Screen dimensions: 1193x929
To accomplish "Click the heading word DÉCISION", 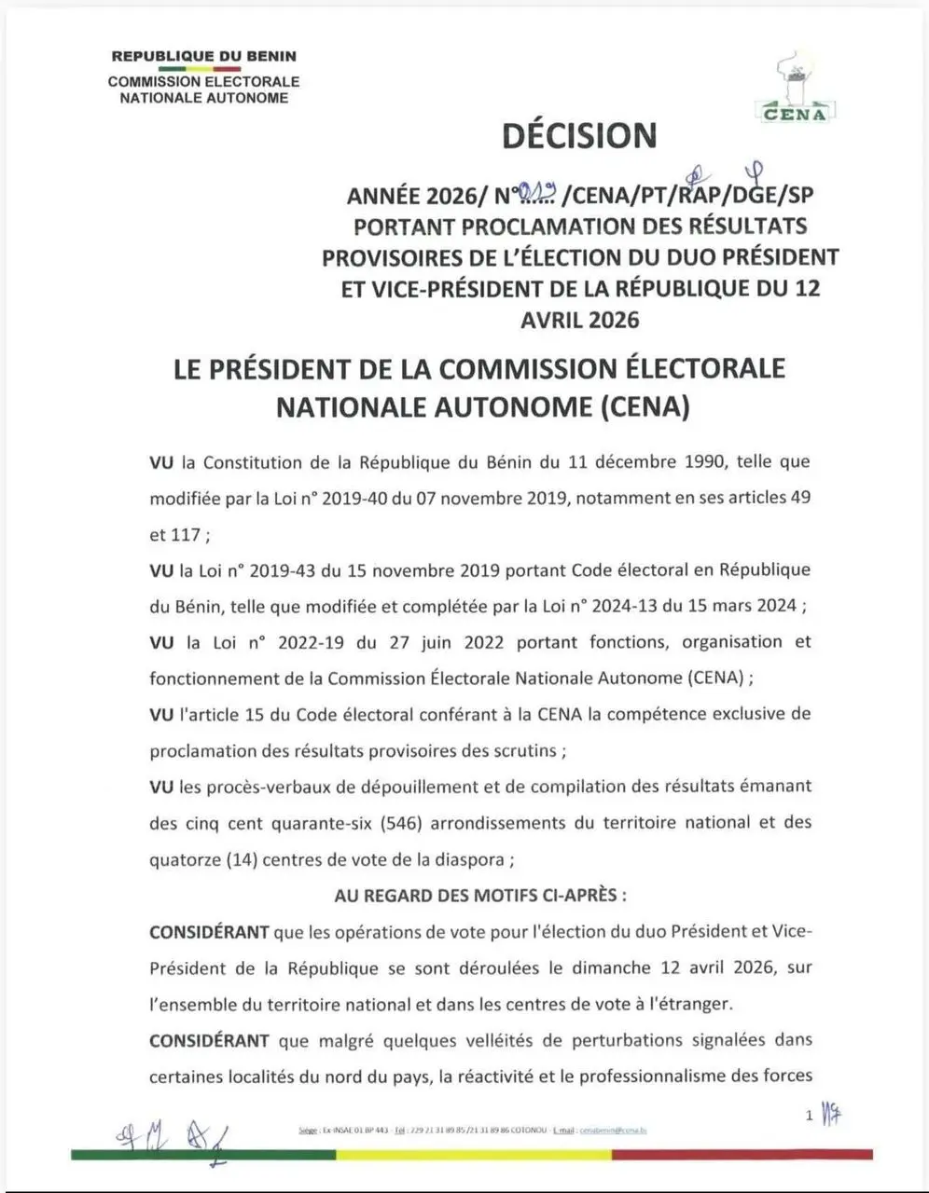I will pos(579,136).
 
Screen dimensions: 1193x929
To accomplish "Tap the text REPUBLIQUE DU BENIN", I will pos(203,56).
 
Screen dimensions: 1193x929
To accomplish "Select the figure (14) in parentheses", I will pos(242,858).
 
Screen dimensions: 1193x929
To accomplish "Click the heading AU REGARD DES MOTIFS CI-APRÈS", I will pos(480,895).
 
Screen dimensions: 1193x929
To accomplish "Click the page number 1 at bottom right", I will pos(810,1115).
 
